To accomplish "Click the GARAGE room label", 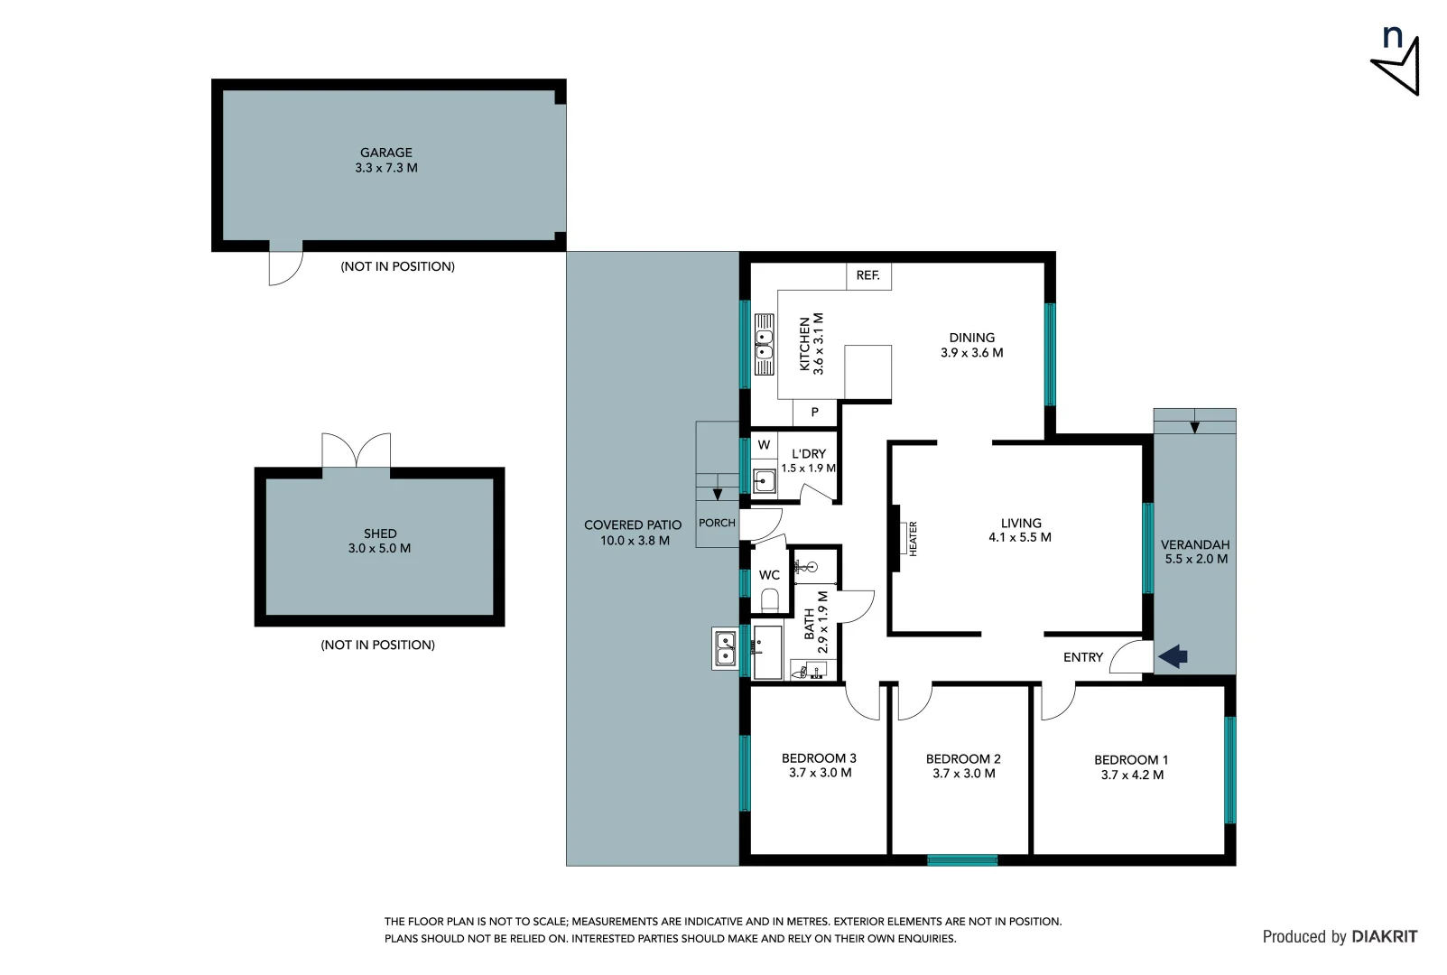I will pyautogui.click(x=386, y=153).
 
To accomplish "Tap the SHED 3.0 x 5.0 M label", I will pyautogui.click(x=379, y=541).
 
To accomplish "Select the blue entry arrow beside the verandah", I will pyautogui.click(x=1173, y=656).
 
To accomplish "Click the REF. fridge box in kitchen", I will pyautogui.click(x=868, y=275).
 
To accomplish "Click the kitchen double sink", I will pyautogui.click(x=765, y=344).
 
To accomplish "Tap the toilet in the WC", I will pyautogui.click(x=770, y=599).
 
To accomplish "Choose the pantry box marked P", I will pyautogui.click(x=815, y=413).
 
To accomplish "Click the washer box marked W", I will pyautogui.click(x=764, y=445).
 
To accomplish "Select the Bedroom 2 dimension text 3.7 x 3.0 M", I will pyautogui.click(x=963, y=774).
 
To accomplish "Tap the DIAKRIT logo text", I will pyautogui.click(x=1384, y=937).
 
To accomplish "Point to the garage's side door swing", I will pyautogui.click(x=285, y=266).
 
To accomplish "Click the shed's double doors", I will pyautogui.click(x=357, y=450).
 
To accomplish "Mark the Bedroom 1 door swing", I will pyautogui.click(x=1058, y=702).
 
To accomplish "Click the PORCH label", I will pyautogui.click(x=717, y=523).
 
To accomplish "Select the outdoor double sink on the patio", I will pyautogui.click(x=725, y=648).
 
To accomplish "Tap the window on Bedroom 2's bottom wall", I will pyautogui.click(x=962, y=860).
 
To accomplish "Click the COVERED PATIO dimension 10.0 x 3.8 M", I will pyautogui.click(x=635, y=541).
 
